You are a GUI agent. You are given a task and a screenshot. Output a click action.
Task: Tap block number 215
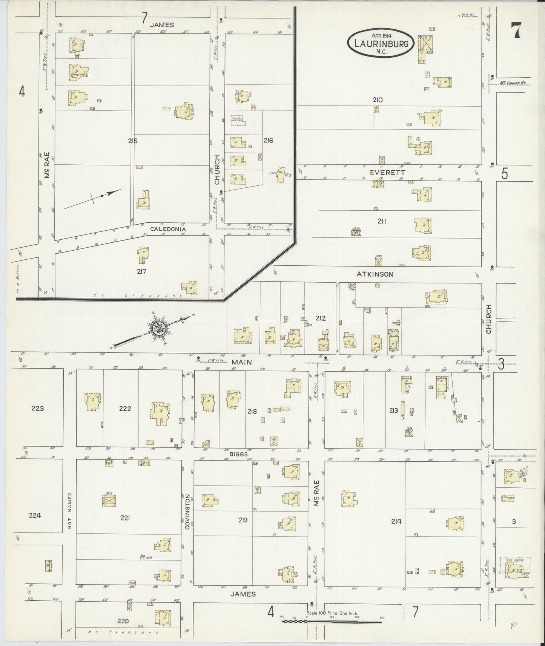click(x=132, y=141)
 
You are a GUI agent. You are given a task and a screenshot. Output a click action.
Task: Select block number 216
click(x=268, y=141)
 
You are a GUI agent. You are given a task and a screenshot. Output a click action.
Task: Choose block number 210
click(x=378, y=100)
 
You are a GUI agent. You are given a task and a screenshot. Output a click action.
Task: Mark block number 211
click(x=382, y=221)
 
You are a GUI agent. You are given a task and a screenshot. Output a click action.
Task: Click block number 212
click(x=321, y=318)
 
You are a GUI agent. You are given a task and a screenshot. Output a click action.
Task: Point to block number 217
click(x=141, y=271)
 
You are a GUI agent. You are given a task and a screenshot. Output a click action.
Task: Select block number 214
click(x=396, y=521)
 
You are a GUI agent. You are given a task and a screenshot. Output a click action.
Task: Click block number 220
click(x=123, y=621)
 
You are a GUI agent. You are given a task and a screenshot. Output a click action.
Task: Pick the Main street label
click(x=241, y=362)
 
